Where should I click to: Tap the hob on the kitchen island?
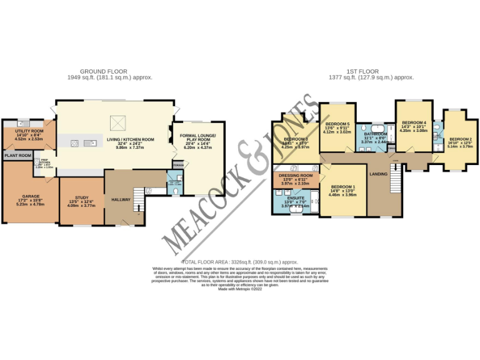click(x=74, y=143)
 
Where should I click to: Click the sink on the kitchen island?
click(x=91, y=143)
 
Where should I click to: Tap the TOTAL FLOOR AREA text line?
click(x=239, y=262)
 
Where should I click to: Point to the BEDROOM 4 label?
click(x=414, y=122)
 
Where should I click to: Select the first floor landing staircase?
click(x=395, y=181)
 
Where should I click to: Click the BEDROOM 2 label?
click(x=460, y=139)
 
